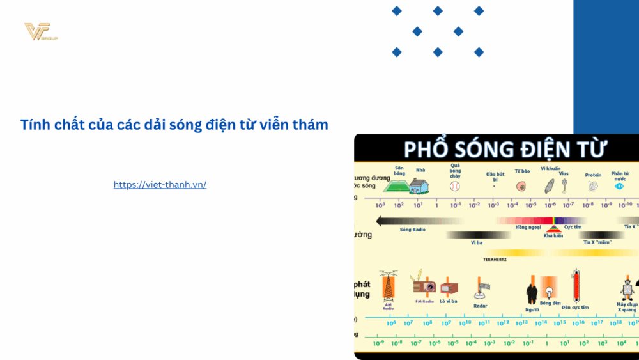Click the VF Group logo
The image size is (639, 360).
click(x=40, y=32)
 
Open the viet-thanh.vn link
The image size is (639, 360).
click(x=160, y=185)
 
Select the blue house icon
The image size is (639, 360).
click(x=419, y=186)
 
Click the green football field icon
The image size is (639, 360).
click(x=396, y=186)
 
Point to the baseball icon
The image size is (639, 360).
click(x=455, y=187)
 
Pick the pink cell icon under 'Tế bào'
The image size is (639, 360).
click(x=521, y=187)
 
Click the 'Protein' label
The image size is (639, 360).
click(x=593, y=175)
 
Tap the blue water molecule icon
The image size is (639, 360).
click(x=619, y=187)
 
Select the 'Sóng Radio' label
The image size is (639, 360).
click(x=413, y=230)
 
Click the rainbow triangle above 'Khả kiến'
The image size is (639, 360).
click(x=553, y=228)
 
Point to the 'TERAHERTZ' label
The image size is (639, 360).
click(x=496, y=259)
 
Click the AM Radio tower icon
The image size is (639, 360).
click(x=388, y=286)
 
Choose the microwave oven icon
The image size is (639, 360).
click(x=449, y=288)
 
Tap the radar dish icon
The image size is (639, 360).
click(x=481, y=290)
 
